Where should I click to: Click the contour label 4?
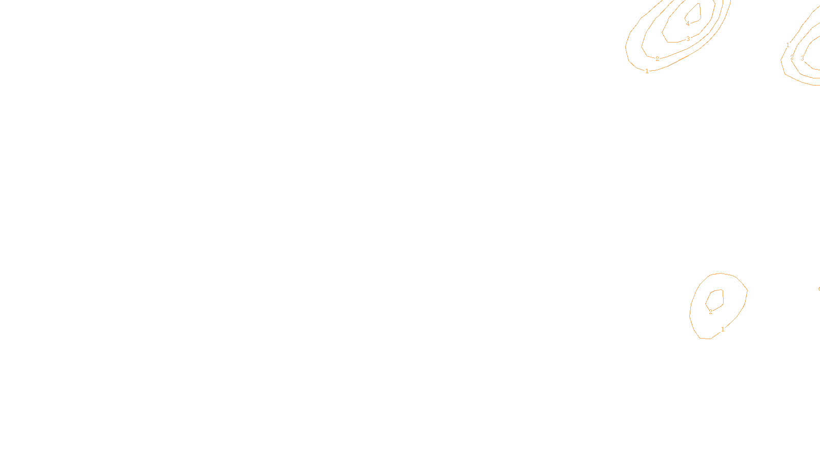pyautogui.click(x=688, y=24)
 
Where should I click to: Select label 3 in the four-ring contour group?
pyautogui.click(x=688, y=39)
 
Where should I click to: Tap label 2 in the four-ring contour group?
pyautogui.click(x=657, y=59)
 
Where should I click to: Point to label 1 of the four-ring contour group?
pyautogui.click(x=647, y=71)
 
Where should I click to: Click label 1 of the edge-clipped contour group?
pyautogui.click(x=788, y=45)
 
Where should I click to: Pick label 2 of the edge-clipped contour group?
pyautogui.click(x=792, y=57)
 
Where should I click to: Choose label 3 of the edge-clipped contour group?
pyautogui.click(x=802, y=58)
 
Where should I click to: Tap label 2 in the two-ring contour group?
pyautogui.click(x=710, y=311)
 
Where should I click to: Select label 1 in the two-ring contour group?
pyautogui.click(x=723, y=329)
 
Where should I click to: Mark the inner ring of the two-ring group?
pyautogui.click(x=723, y=296)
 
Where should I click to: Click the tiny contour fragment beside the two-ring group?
pyautogui.click(x=819, y=289)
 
